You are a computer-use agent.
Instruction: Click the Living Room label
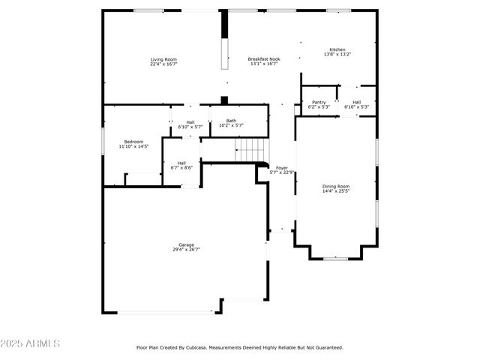(163, 59)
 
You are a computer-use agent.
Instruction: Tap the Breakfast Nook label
(264, 59)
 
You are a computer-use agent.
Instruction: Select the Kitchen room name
(337, 49)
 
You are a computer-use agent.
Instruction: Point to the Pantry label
(319, 102)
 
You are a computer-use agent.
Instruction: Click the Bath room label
(231, 120)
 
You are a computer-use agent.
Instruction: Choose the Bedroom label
(133, 141)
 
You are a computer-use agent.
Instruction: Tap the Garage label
(186, 244)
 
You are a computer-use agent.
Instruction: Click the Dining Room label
(335, 186)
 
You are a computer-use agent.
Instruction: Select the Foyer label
(282, 167)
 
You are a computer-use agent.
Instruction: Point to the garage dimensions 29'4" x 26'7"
(186, 250)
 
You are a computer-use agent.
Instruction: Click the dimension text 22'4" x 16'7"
(163, 64)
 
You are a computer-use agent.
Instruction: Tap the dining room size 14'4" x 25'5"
(335, 191)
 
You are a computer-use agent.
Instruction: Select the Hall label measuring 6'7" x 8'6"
(181, 163)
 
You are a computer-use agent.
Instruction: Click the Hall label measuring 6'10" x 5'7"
(190, 122)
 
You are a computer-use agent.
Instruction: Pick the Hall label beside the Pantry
(356, 102)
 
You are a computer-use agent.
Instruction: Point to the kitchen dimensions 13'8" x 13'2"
(337, 55)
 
